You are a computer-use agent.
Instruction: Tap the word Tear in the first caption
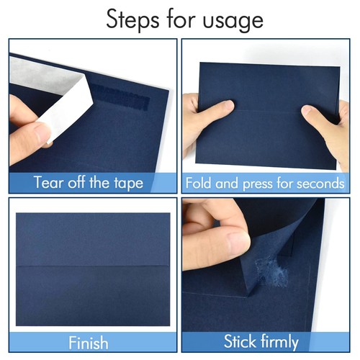click(48, 182)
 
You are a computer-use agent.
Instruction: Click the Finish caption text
click(89, 341)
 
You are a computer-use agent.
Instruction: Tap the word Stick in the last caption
click(243, 341)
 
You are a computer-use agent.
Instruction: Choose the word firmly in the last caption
click(288, 341)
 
